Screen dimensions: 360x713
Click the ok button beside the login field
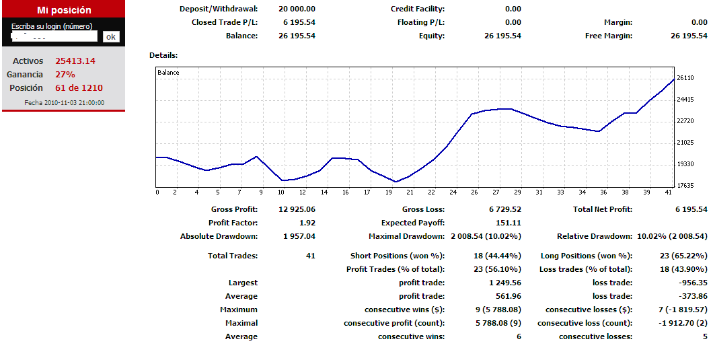[x=111, y=37]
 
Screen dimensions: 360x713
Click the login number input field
[x=54, y=37]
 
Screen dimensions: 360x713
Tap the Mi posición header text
[x=63, y=10]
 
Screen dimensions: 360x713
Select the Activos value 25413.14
[x=75, y=61]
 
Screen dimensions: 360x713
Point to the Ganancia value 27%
[x=65, y=75]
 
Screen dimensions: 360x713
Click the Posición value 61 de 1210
[x=79, y=88]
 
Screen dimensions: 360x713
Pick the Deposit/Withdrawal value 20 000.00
[x=297, y=9]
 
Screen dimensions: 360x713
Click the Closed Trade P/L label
[x=224, y=23]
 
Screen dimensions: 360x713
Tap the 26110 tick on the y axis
[x=685, y=78]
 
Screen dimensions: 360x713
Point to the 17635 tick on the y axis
[x=685, y=186]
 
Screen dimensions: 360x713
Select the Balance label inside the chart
[x=168, y=72]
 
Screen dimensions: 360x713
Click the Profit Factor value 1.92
[x=307, y=223]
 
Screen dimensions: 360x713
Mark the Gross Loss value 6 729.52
[x=505, y=209]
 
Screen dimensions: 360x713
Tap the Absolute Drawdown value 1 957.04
[x=297, y=236]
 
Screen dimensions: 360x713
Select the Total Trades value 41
[x=310, y=256]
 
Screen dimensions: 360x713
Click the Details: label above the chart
[x=163, y=55]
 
